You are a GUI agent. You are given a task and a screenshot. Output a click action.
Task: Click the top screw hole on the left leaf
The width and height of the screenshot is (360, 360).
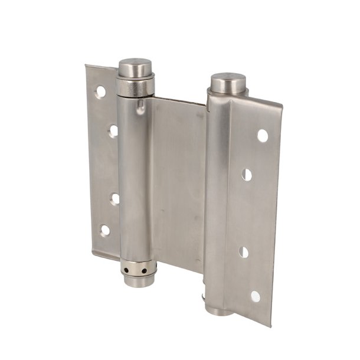[x=101, y=91]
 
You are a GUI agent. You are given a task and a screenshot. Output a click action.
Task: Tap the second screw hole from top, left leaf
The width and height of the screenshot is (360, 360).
[x=113, y=130]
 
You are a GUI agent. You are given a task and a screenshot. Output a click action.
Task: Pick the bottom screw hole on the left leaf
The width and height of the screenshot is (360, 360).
[x=105, y=230]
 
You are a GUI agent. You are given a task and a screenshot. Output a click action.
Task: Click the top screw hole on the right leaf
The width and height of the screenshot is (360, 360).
[x=262, y=136]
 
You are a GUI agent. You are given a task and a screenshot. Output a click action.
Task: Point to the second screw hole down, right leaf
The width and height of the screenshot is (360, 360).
[x=247, y=175]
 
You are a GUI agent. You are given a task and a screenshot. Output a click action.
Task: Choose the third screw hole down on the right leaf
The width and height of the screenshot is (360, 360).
[x=244, y=252]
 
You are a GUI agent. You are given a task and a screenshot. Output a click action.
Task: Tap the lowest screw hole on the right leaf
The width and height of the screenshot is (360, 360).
[x=255, y=296]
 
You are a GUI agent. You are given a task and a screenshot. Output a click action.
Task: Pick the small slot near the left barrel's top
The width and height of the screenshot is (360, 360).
[x=140, y=108]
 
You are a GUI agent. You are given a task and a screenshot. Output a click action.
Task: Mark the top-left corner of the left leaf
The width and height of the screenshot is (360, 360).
[x=86, y=66]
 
